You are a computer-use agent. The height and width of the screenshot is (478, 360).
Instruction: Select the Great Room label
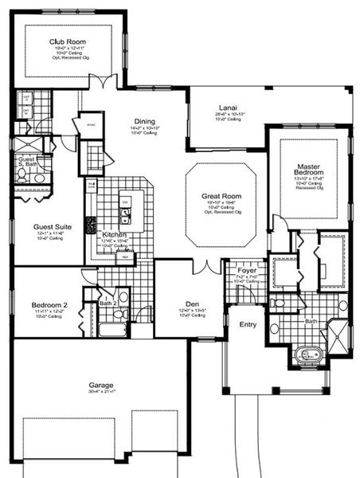pos(221,195)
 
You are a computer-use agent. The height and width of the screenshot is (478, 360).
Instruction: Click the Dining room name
pos(144,121)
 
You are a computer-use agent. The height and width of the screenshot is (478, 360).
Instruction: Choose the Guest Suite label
pos(52,227)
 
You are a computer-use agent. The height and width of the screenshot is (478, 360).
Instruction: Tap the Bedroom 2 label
pos(49,304)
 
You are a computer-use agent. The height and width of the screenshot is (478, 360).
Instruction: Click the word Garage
pos(101,384)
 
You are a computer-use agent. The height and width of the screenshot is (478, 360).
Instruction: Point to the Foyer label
pos(247,270)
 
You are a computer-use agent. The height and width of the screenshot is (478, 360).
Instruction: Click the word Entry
pos(248,324)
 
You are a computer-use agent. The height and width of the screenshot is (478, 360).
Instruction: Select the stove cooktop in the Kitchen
pos(91,225)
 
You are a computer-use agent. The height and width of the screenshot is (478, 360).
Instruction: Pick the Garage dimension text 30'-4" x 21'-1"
pos(101,392)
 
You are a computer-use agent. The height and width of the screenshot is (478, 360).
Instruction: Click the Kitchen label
pos(115,235)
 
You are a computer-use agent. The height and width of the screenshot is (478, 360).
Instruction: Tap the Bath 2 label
pos(108,304)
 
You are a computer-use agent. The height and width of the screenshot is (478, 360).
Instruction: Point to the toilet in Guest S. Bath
pos(40,178)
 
